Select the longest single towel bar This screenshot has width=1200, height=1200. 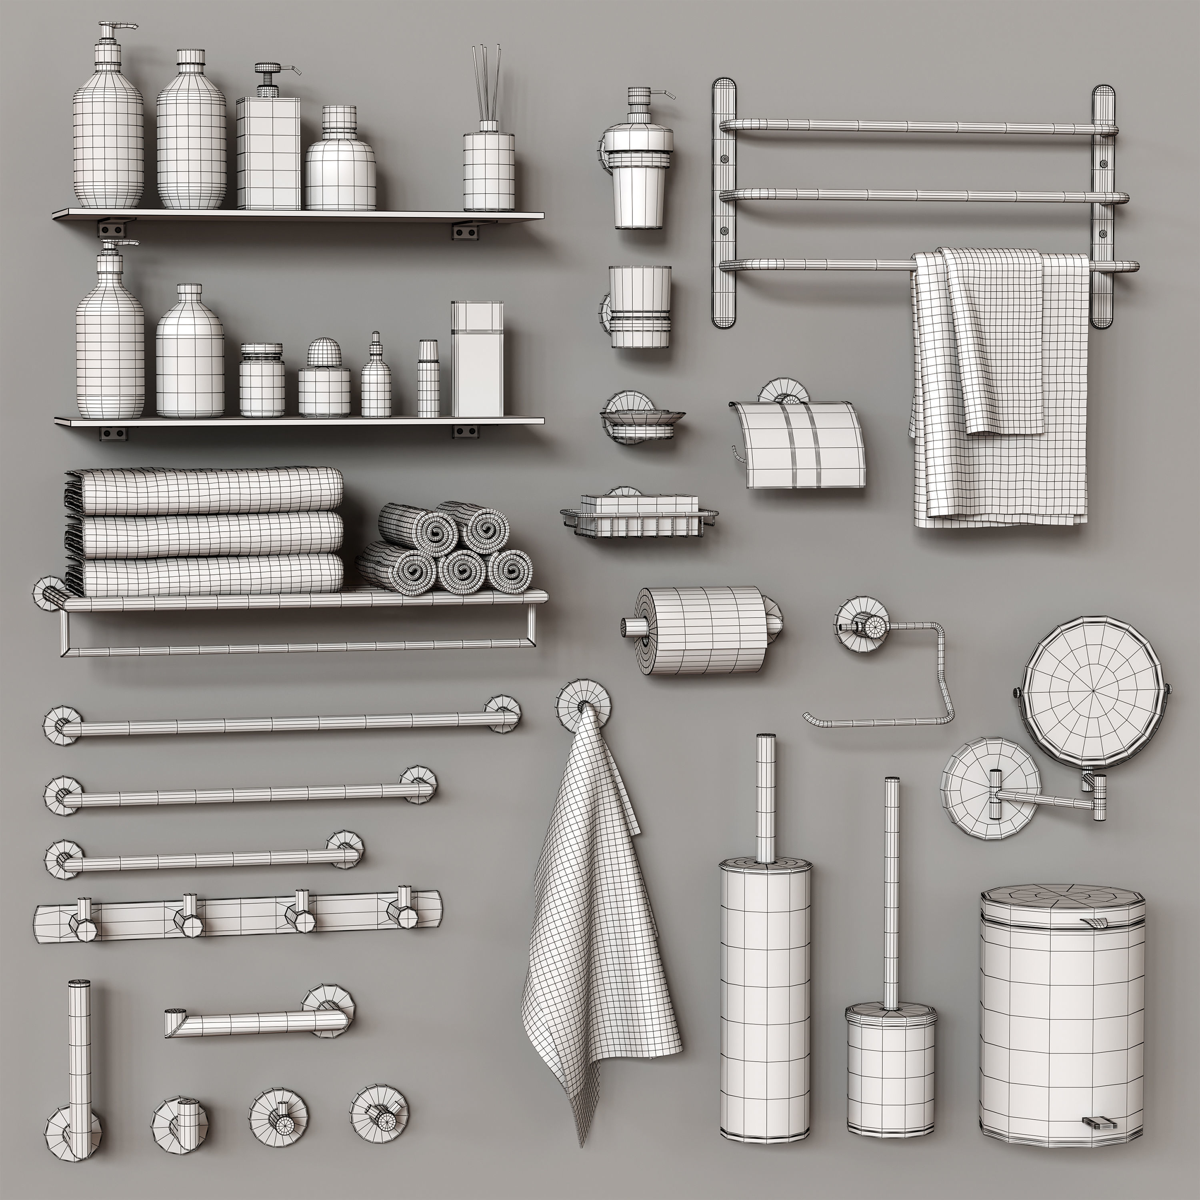(283, 724)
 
